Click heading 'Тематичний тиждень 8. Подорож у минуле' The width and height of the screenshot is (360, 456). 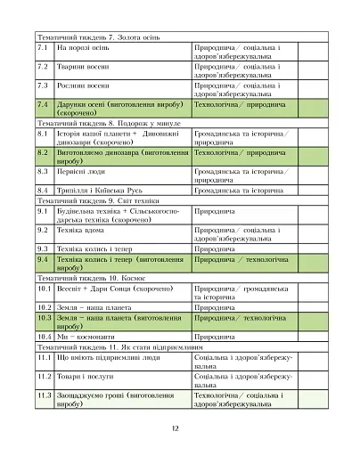pos(99,123)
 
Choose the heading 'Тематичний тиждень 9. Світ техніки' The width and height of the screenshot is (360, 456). pos(90,200)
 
